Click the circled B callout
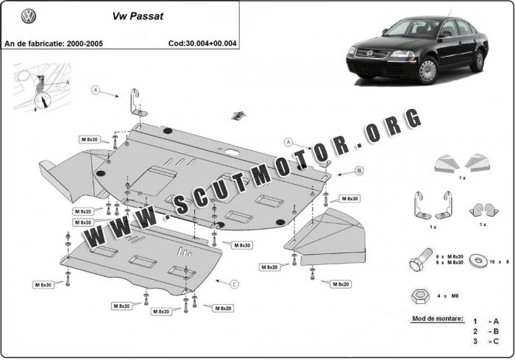(360, 170)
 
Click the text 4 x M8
(448, 295)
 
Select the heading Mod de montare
(438, 319)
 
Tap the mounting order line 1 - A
(486, 322)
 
